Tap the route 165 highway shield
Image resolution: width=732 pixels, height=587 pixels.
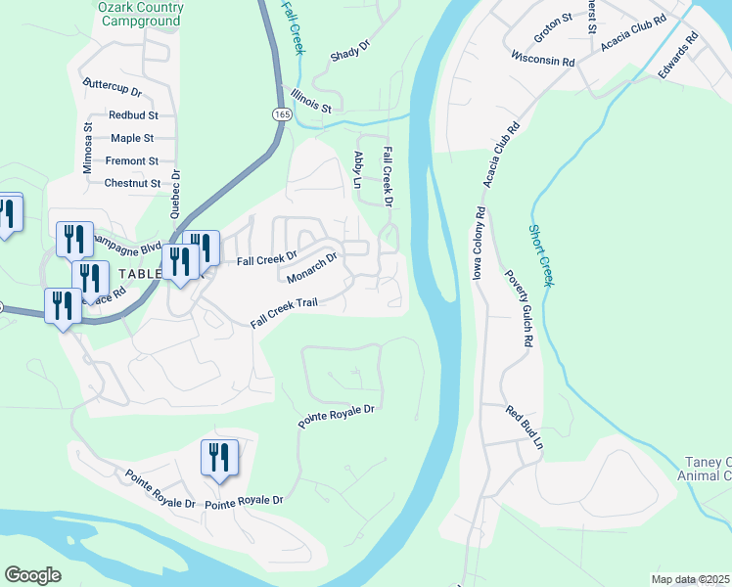tap(282, 115)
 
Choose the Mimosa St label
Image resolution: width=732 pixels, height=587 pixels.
tap(87, 148)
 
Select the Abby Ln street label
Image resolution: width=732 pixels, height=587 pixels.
tap(358, 169)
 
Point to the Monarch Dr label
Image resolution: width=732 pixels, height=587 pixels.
tap(312, 267)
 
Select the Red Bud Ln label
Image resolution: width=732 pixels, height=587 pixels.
tap(525, 428)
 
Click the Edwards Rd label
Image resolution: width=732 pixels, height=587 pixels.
tap(678, 57)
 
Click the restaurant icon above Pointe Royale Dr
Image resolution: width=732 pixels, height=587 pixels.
tap(219, 457)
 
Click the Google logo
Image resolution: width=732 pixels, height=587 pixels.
tap(32, 574)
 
